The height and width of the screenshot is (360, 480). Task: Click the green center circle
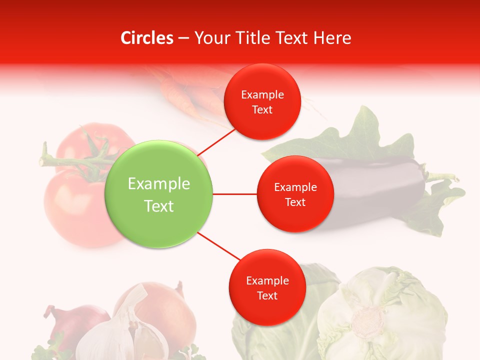pos(159,194)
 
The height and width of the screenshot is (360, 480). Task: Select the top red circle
pos(262,102)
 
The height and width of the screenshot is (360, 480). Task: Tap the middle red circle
pos(295,194)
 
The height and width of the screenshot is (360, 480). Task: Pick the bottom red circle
pos(267,288)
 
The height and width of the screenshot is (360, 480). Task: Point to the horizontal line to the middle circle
pos(234,194)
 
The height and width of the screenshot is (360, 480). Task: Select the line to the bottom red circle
pos(218,247)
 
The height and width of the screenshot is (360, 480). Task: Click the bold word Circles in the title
pos(147,37)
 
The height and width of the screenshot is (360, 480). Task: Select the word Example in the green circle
pos(159,183)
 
